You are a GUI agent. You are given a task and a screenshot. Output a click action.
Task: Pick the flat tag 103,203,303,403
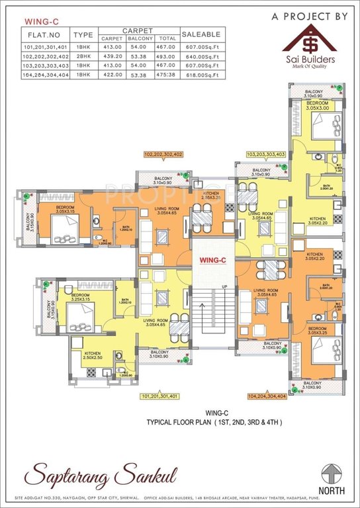coord(266,153)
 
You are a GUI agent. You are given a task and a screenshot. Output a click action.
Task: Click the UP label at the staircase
coord(224,286)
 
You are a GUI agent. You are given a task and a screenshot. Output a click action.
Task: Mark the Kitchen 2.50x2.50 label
coord(92,356)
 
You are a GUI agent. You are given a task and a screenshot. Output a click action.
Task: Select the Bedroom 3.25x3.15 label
coord(80,297)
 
